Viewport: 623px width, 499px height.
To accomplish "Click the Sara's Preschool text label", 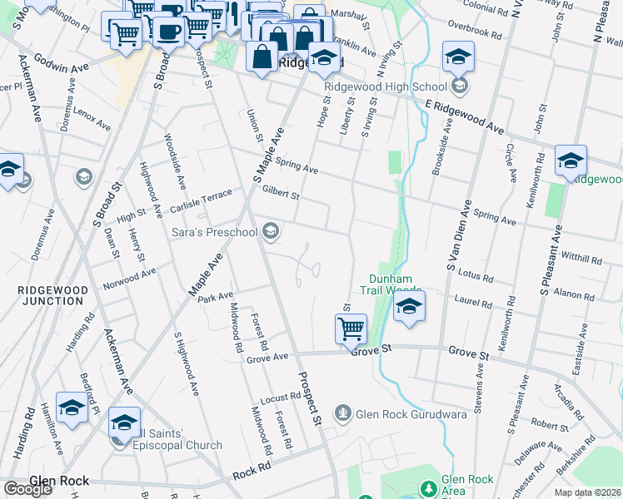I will click(x=216, y=232).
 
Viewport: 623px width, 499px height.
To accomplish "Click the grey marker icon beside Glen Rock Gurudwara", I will click(x=342, y=413).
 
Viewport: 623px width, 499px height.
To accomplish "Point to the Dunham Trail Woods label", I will click(x=391, y=284).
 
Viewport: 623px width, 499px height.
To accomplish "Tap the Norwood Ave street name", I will click(x=129, y=278).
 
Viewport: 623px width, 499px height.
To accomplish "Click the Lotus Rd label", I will click(x=476, y=275).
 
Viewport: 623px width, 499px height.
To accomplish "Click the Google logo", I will click(x=27, y=489).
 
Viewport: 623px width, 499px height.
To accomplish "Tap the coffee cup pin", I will click(x=169, y=32).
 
